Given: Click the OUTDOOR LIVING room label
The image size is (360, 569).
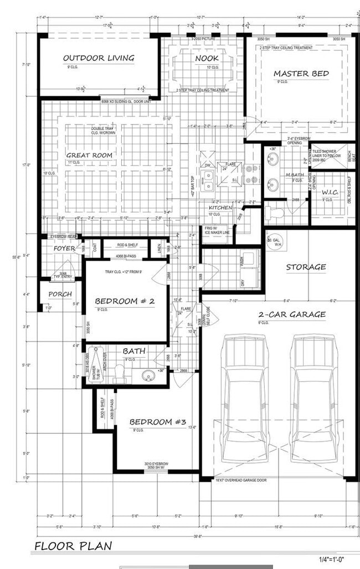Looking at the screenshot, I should point(99,58).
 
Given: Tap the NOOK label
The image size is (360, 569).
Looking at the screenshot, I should point(207,58).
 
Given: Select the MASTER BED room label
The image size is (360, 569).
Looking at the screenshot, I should point(301,74).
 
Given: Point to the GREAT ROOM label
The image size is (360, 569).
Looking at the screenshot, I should point(89,156).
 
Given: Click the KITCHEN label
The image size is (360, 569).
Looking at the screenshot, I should point(220,208).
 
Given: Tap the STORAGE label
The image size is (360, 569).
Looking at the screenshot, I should point(306,267).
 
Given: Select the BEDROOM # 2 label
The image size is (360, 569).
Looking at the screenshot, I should point(124,301).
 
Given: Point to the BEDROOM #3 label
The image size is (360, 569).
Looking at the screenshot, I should point(157,422).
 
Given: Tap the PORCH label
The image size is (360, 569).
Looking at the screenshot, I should point(60,294).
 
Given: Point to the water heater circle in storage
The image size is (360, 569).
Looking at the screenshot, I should point(274,242).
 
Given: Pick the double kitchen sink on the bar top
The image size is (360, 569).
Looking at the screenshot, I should point(209,178).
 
